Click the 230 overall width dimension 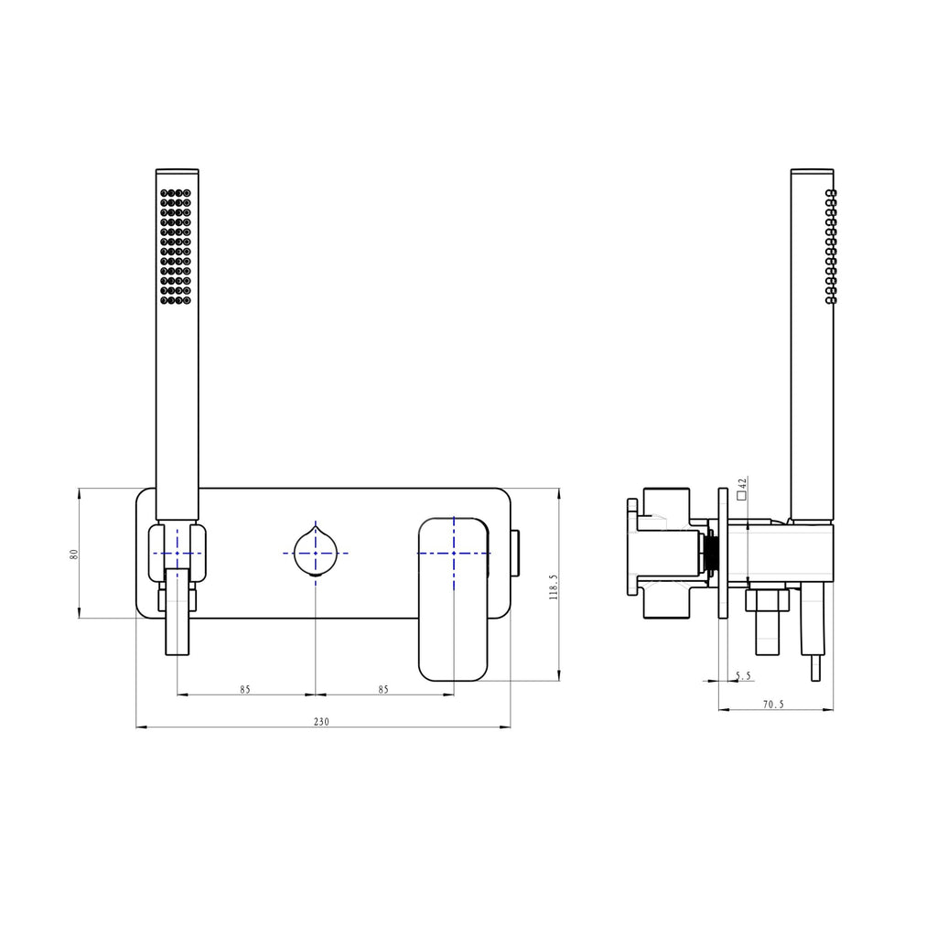tap(321, 722)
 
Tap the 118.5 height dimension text tap(554, 587)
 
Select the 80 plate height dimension tap(74, 554)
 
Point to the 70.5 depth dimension tap(773, 705)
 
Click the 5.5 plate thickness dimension tap(743, 676)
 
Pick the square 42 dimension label tap(742, 489)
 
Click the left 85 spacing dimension tap(245, 690)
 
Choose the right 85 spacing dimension tap(383, 690)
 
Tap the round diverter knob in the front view tap(316, 552)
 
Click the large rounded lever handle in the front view tap(454, 599)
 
